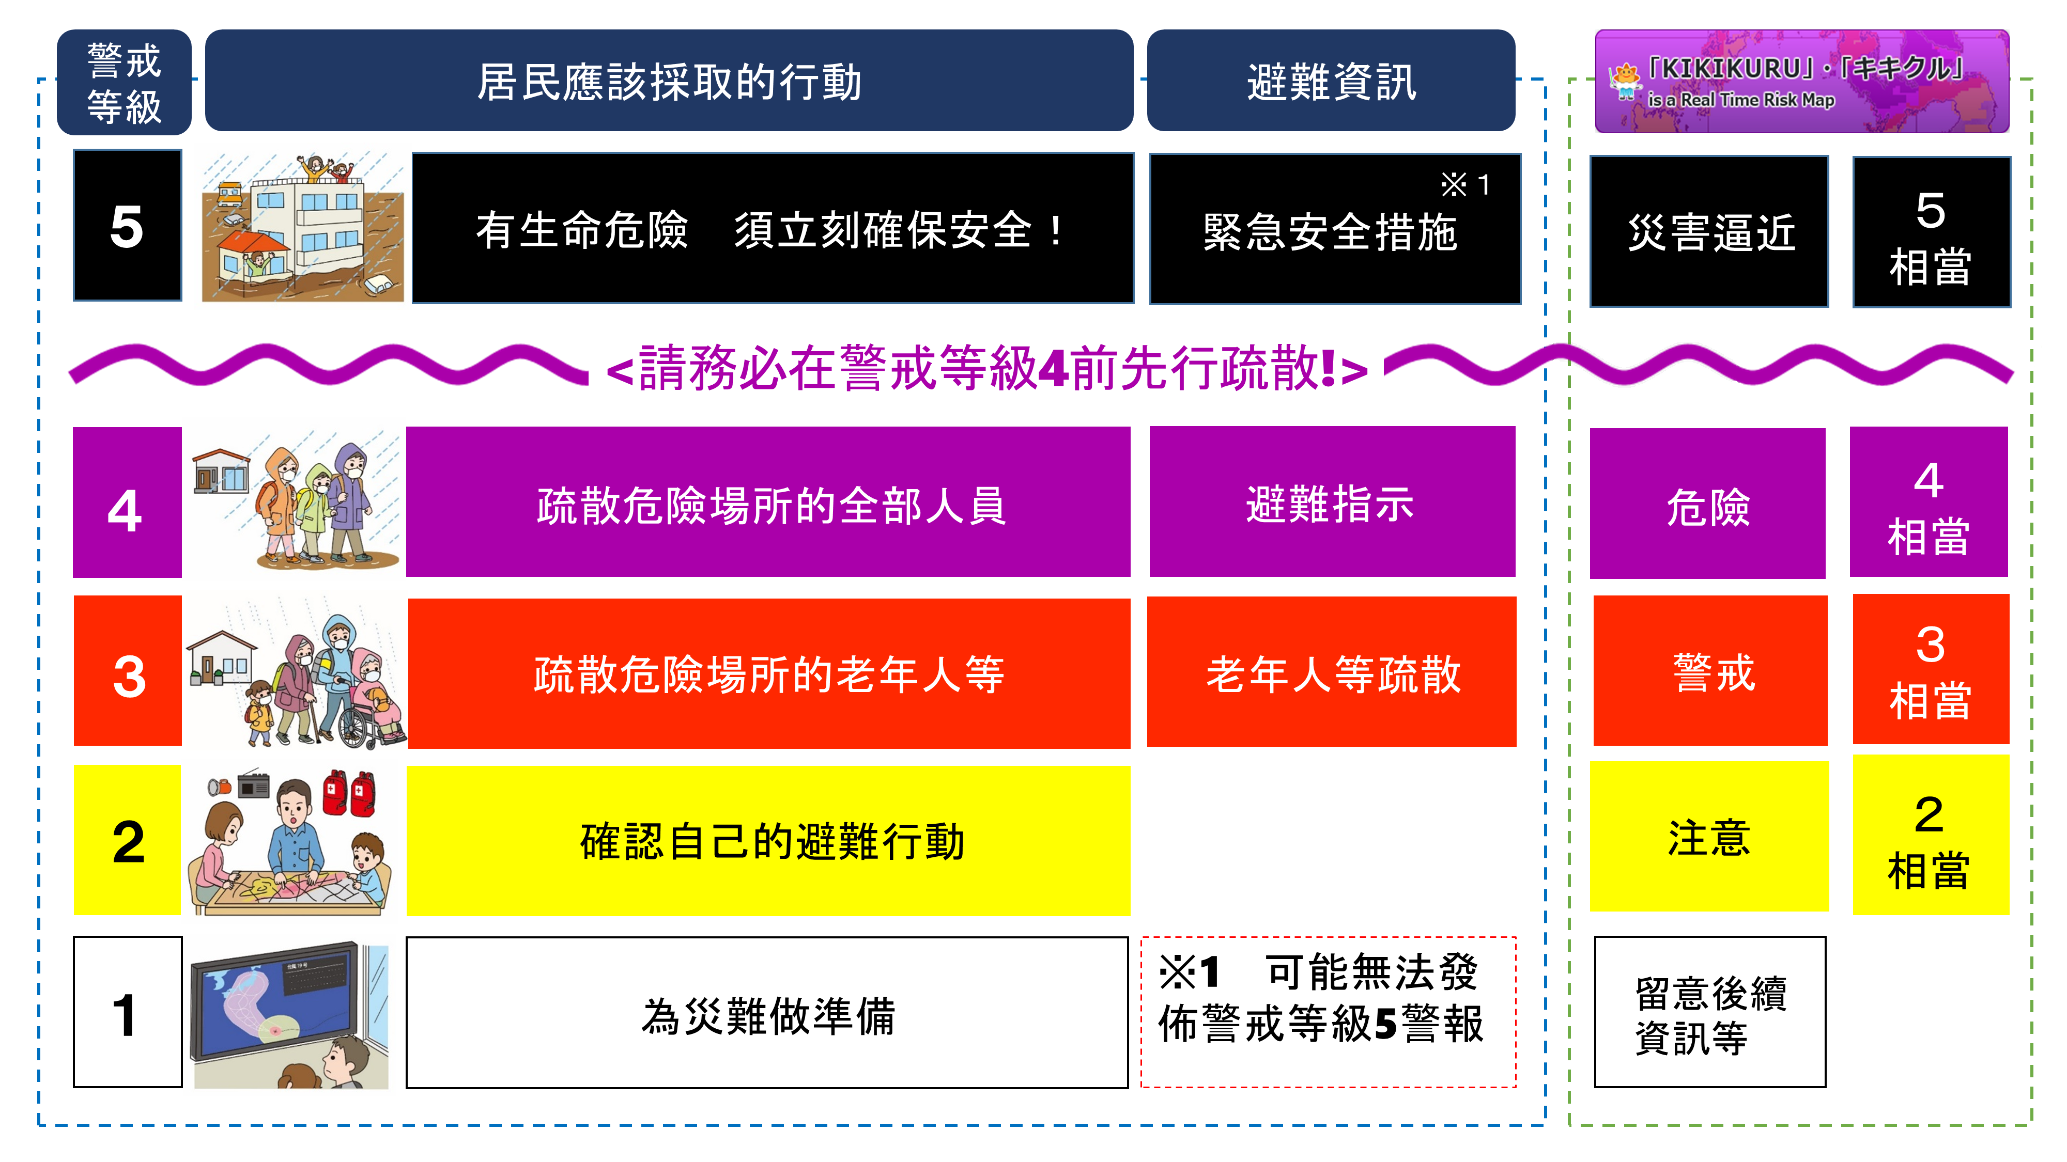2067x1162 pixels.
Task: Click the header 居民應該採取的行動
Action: (669, 81)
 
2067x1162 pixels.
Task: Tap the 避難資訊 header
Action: (1331, 81)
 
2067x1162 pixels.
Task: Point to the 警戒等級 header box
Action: (125, 83)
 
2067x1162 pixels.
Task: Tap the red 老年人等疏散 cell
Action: (1332, 672)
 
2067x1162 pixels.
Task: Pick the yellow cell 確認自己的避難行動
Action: (769, 840)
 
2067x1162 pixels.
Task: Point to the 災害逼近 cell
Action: (1709, 232)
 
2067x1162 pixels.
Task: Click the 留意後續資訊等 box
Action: (1710, 1012)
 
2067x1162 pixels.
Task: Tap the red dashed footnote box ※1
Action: (1329, 1012)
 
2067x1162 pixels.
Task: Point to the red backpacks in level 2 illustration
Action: (348, 793)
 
